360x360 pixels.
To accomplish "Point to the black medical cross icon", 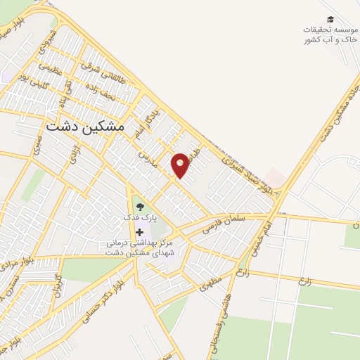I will (139, 232).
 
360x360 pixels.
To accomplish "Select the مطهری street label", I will (210, 283).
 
